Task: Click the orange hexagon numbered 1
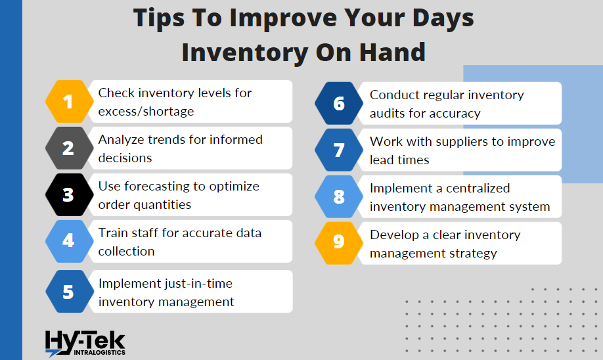point(69,102)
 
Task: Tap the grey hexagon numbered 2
point(69,148)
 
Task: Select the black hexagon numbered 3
point(69,194)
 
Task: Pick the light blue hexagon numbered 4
point(69,241)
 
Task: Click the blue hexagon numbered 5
point(70,291)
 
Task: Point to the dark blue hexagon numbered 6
point(339,103)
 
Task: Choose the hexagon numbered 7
point(339,150)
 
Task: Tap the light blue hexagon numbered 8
point(339,196)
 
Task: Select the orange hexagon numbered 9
point(339,243)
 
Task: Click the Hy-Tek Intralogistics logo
point(85,344)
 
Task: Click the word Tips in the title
point(159,18)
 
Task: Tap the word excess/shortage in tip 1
point(146,112)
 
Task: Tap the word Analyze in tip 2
point(121,140)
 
